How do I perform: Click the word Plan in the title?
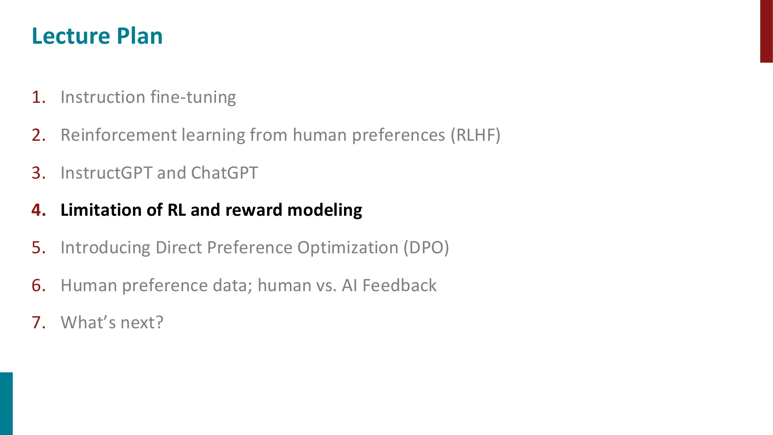(140, 36)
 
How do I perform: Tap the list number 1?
(38, 97)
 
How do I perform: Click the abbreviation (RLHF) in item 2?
(475, 135)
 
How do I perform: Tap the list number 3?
(38, 173)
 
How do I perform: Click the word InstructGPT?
(106, 173)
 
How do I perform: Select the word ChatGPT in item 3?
(224, 173)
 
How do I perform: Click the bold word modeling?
(325, 210)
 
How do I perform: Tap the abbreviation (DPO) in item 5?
(426, 247)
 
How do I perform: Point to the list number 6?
(38, 285)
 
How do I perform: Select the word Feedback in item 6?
(399, 285)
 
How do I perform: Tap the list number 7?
(38, 322)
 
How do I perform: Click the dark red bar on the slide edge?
(766, 31)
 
